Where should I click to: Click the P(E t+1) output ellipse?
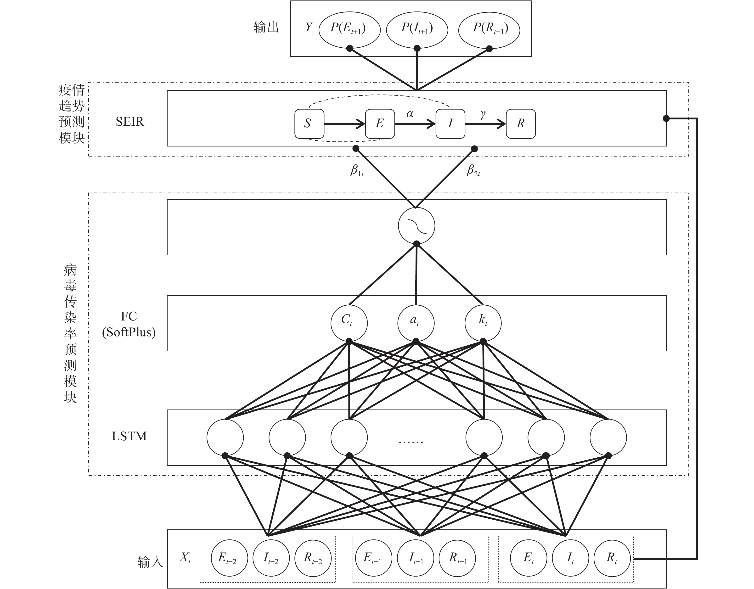[x=349, y=29]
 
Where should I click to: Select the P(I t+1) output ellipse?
[x=417, y=29]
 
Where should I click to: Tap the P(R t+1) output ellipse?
[x=489, y=29]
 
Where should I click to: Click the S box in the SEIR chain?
[x=309, y=123]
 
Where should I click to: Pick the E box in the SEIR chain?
[x=380, y=123]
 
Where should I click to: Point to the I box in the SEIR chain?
[x=450, y=123]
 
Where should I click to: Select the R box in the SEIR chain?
[x=521, y=123]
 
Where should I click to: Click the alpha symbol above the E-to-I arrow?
[x=410, y=114]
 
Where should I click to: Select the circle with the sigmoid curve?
[x=416, y=225]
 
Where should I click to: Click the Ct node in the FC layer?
[x=349, y=323]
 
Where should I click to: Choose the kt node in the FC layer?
[x=483, y=323]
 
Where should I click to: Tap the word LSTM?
[x=129, y=436]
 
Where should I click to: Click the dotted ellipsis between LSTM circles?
[x=411, y=442]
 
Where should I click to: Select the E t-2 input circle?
[x=229, y=558]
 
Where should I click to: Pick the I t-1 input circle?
[x=415, y=558]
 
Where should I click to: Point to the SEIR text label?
[x=129, y=122]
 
